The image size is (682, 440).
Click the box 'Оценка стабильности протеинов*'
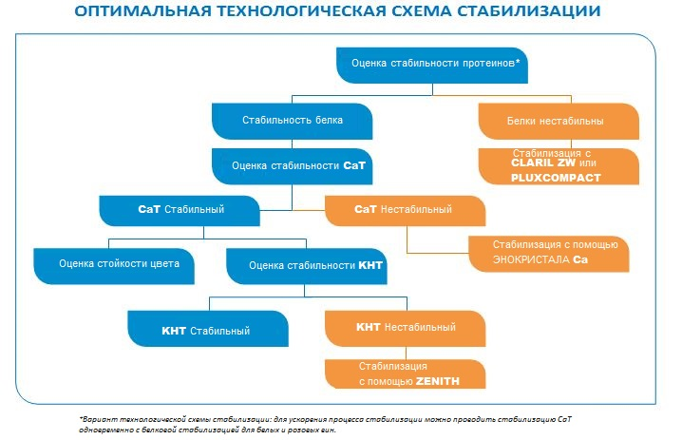tap(432, 66)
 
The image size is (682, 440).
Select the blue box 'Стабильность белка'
tap(292, 121)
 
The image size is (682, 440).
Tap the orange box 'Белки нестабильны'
tap(559, 121)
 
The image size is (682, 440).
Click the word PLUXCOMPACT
tap(556, 178)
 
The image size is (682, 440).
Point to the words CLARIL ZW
tap(543, 163)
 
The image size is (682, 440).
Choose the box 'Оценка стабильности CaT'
tap(292, 166)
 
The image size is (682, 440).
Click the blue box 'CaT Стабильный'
tap(180, 211)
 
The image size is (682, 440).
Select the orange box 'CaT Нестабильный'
tap(405, 211)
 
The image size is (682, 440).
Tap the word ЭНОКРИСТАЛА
tap(531, 259)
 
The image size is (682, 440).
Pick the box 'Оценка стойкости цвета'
tap(114, 266)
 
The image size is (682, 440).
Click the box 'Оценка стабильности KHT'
tap(307, 266)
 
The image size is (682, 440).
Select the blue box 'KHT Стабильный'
tap(208, 329)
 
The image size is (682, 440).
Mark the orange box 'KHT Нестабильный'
tap(405, 329)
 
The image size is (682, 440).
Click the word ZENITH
tap(438, 381)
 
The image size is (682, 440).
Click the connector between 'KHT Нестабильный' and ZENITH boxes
tap(406, 353)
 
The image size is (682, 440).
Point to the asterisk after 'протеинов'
tap(518, 62)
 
